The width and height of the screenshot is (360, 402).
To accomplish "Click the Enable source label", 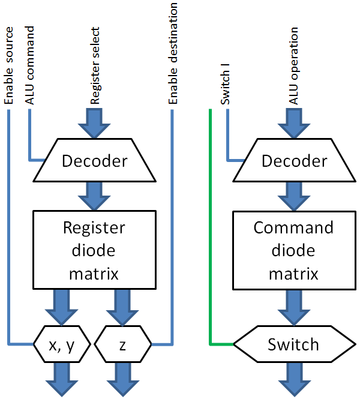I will [8, 55].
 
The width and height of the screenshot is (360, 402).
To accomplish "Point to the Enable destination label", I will [173, 53].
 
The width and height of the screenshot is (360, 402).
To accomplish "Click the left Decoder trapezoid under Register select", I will [95, 160].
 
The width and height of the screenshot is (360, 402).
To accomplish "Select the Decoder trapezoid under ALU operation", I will [294, 160].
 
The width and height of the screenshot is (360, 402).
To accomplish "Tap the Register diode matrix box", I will [95, 251].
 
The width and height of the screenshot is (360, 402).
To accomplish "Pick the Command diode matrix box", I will [294, 251].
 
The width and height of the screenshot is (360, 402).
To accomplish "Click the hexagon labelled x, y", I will [62, 344].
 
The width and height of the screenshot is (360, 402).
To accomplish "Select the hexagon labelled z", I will [122, 344].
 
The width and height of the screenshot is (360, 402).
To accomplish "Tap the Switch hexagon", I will [294, 344].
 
